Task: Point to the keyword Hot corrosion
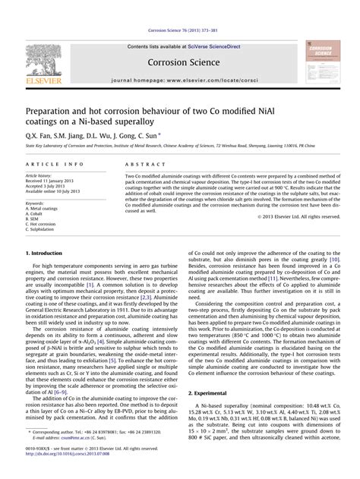[x=42, y=224]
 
